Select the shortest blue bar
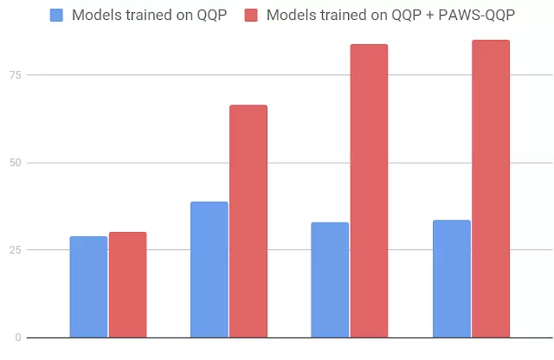point(88,286)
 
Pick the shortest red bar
point(127,285)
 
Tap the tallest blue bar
point(209,269)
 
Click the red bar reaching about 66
point(248,221)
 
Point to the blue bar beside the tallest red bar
point(451,279)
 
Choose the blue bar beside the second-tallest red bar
point(330,280)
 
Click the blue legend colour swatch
point(57,15)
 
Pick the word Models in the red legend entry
point(293,15)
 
